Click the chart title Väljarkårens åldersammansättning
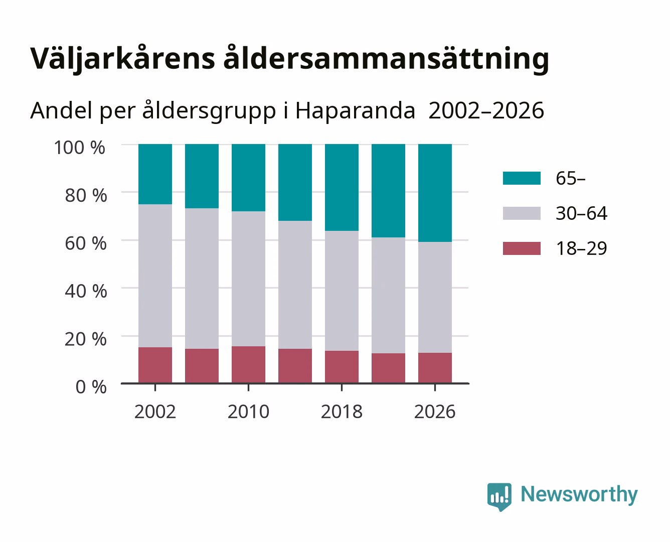coord(289,59)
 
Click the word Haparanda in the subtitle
coord(355,111)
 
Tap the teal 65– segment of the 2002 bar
coord(155,174)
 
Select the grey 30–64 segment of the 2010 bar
coord(249,279)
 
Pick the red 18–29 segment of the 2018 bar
coord(342,367)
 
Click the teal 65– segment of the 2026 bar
coord(435,193)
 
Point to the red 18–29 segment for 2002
coord(155,365)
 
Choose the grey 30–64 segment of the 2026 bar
coord(435,297)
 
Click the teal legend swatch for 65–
coord(522,178)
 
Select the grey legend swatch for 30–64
coord(522,213)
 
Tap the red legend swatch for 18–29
coord(522,248)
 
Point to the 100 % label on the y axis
coord(80,148)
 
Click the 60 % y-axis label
coord(86,243)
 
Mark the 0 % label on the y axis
coord(91,387)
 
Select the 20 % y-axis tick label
coord(86,339)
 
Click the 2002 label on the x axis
coord(155,412)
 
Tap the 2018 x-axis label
coord(342,412)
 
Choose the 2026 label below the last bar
coord(435,412)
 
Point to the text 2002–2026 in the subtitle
coord(486,110)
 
